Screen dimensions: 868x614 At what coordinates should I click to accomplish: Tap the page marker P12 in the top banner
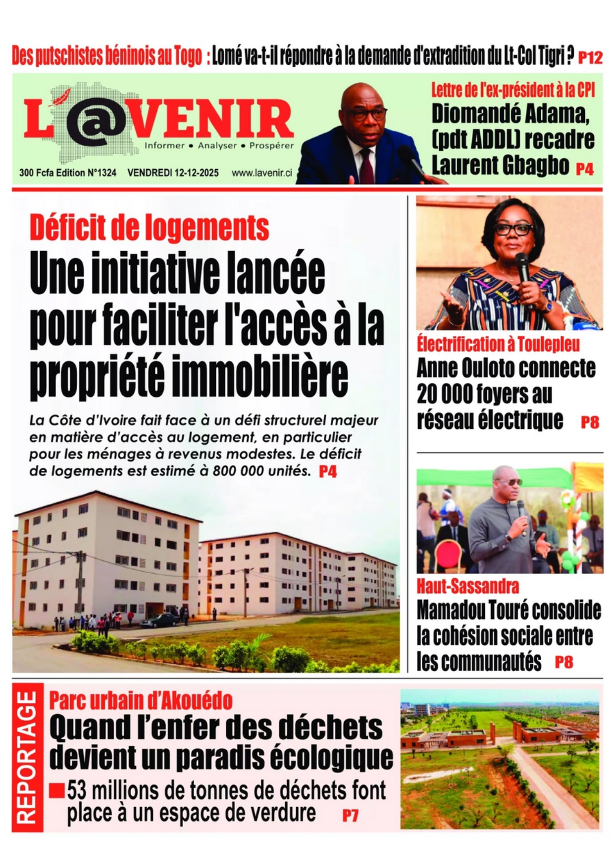(x=590, y=57)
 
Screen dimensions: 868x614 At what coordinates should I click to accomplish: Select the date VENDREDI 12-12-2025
(x=173, y=173)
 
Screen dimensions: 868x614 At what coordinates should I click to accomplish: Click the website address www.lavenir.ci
(x=261, y=173)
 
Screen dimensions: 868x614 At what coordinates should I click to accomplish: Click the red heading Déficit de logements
(x=149, y=228)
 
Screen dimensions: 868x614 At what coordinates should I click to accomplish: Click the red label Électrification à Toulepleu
(x=498, y=344)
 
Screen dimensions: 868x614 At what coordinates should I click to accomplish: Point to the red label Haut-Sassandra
(x=467, y=586)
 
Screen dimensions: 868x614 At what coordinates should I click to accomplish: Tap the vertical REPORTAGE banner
(x=27, y=757)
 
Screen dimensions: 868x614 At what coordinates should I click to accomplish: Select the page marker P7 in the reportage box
(x=350, y=815)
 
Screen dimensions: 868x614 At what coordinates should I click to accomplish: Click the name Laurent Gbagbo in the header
(x=500, y=165)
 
